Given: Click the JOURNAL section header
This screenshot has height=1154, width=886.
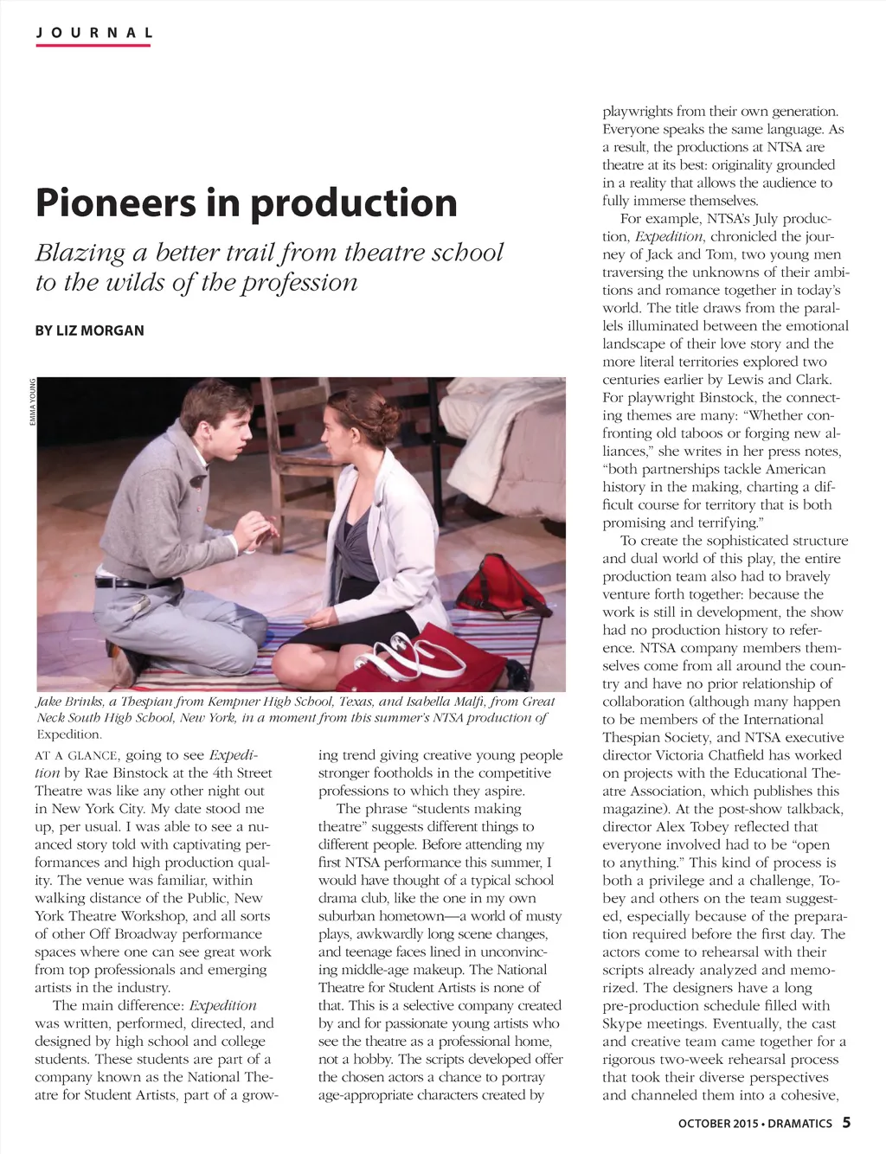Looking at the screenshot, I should (93, 33).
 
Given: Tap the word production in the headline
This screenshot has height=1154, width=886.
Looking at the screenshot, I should (354, 202).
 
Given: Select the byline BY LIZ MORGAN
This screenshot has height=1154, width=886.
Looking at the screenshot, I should (89, 330).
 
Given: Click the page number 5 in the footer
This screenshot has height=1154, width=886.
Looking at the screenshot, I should (846, 1123).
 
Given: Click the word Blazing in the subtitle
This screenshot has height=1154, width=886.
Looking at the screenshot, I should (80, 253).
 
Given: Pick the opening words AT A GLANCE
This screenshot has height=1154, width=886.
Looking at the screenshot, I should (77, 755).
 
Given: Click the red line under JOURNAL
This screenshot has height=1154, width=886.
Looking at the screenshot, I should (93, 45).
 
